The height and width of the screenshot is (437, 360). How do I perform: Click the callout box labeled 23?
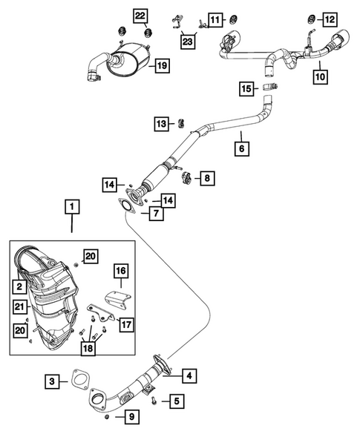click(188, 42)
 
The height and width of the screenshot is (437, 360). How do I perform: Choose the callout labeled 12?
click(328, 19)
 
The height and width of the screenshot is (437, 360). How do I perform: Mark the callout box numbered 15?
click(246, 90)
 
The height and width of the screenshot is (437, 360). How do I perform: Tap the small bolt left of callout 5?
click(154, 401)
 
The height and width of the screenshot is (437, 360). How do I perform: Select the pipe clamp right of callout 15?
click(272, 89)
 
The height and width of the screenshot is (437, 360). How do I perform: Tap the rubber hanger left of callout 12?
click(309, 18)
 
